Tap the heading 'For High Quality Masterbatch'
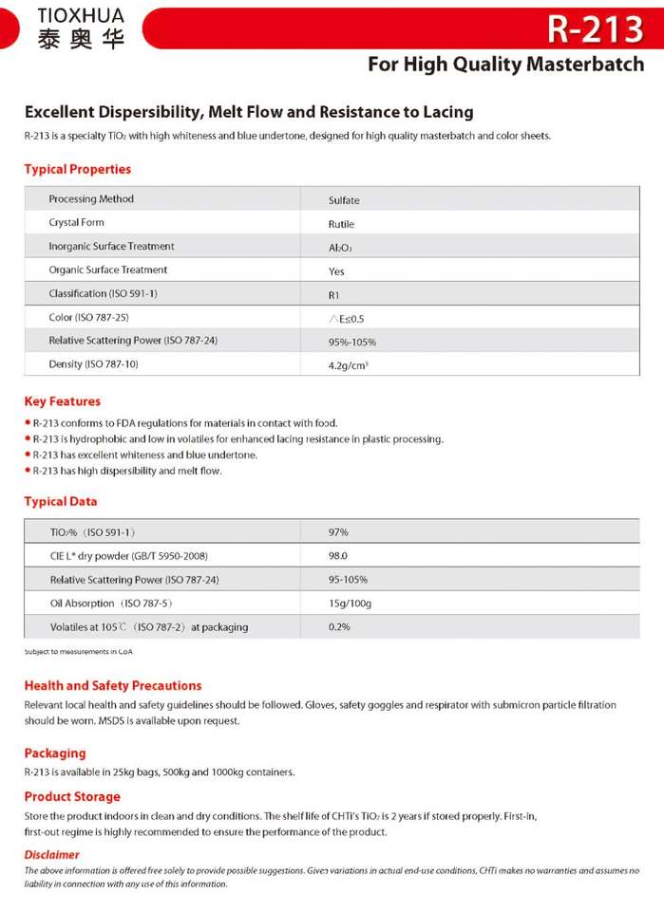[x=505, y=65]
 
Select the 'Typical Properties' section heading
[x=78, y=169]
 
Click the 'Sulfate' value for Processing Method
[x=344, y=200]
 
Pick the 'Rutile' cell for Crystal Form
[x=341, y=224]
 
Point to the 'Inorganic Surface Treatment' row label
[x=111, y=246]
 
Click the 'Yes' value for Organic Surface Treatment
[x=336, y=270]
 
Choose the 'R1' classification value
[x=333, y=294]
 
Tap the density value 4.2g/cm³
[x=349, y=364]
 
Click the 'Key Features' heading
[x=63, y=401]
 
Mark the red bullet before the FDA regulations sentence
[x=28, y=423]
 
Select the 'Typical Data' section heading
[x=61, y=501]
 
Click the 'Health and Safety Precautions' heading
[x=113, y=685]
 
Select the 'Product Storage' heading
[x=72, y=796]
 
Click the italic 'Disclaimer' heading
[x=52, y=854]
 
